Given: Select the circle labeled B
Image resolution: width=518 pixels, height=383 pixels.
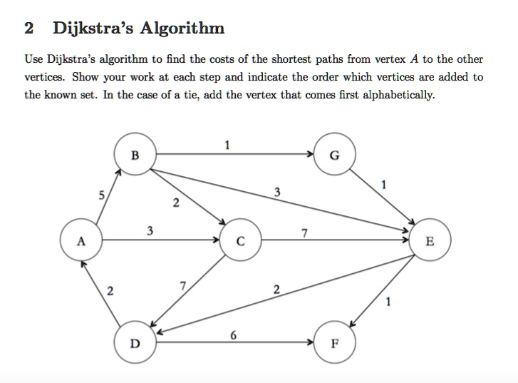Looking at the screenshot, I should (135, 154).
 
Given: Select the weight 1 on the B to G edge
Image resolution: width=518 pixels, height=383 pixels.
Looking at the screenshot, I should (227, 145).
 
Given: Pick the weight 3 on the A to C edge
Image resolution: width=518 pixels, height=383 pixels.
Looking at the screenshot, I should (149, 231).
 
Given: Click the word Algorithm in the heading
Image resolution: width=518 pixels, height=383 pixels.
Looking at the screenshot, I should (183, 29).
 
